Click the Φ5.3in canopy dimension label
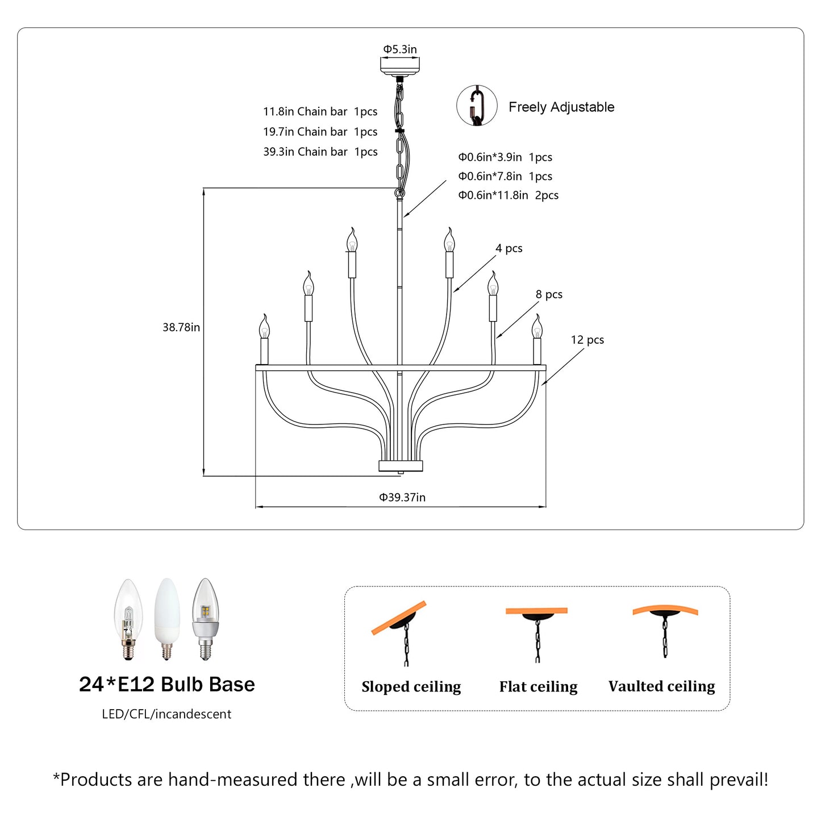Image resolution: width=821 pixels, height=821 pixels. (x=400, y=49)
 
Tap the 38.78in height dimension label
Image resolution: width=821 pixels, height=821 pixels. (x=181, y=327)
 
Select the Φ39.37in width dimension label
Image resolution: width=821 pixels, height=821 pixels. (x=402, y=497)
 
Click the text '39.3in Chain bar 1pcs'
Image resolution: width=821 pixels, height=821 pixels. (x=320, y=152)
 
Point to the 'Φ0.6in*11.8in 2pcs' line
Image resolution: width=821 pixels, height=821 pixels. (x=508, y=195)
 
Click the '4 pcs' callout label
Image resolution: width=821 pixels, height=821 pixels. (x=509, y=248)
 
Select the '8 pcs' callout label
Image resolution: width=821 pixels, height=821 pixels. (x=549, y=294)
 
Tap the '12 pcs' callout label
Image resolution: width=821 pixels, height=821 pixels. (x=587, y=340)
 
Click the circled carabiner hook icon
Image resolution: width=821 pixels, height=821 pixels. (x=477, y=106)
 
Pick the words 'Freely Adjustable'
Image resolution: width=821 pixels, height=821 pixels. (x=561, y=107)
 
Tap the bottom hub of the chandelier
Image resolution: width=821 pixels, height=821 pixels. (x=401, y=466)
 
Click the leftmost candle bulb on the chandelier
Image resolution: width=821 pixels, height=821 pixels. (x=264, y=328)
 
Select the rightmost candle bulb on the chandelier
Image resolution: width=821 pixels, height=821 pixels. (x=537, y=328)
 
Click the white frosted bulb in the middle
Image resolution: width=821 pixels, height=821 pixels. (x=167, y=618)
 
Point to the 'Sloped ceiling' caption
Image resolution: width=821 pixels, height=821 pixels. (x=411, y=686)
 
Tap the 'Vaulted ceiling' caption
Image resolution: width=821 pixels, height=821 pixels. (x=661, y=686)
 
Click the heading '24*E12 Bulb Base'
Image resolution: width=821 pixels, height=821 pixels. (x=166, y=684)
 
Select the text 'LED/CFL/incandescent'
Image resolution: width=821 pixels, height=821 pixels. (x=166, y=714)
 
